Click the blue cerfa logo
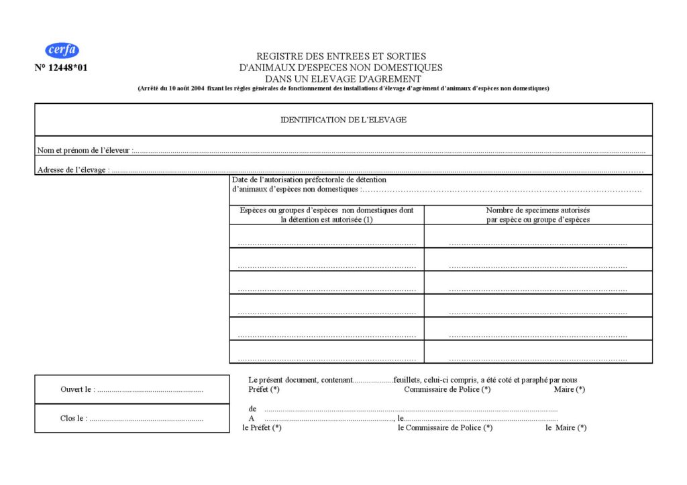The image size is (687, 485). click(62, 50)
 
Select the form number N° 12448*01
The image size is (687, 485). click(61, 68)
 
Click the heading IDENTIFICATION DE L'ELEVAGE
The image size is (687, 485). click(343, 120)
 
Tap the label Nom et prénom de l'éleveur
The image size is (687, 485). click(85, 151)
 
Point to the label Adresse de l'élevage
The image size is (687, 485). click(72, 170)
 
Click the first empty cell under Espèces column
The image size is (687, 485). click(327, 236)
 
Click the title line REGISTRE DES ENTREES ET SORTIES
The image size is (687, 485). click(341, 57)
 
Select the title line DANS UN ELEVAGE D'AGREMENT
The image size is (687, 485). click(341, 78)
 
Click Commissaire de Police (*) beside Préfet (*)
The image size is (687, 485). click(447, 389)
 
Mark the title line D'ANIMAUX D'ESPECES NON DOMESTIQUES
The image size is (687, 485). click(341, 68)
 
